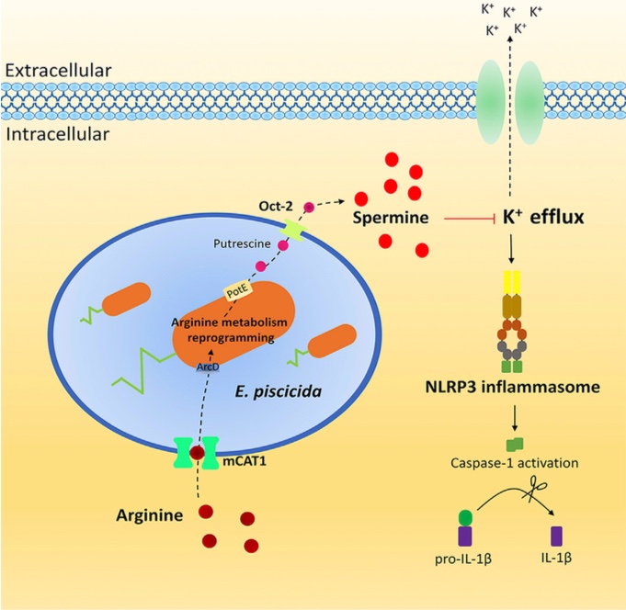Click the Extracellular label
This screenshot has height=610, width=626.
pyautogui.click(x=56, y=69)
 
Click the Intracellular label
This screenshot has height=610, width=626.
pyautogui.click(x=56, y=135)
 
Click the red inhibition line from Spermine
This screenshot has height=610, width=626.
pyautogui.click(x=470, y=220)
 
